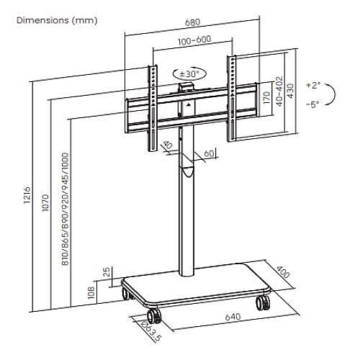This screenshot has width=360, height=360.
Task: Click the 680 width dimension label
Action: point(193,22)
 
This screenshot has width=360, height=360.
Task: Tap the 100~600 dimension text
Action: point(194,40)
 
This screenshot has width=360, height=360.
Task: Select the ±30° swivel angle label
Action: point(189,73)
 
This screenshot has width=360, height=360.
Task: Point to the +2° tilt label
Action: point(313,85)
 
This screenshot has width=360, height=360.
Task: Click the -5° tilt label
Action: point(312,104)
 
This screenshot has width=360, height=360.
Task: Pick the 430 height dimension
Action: point(290,91)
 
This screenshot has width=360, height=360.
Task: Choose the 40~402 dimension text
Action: point(279,91)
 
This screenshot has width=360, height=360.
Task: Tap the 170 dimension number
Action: point(266,98)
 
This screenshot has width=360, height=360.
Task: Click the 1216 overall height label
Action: point(27,194)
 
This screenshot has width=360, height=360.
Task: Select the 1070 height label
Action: point(45,203)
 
